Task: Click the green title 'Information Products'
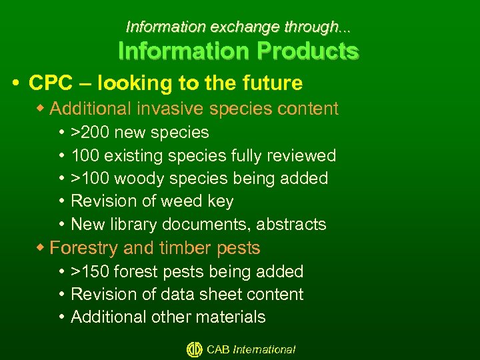pyautogui.click(x=238, y=51)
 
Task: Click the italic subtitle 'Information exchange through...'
pyautogui.click(x=238, y=27)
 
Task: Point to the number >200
pyautogui.click(x=90, y=133)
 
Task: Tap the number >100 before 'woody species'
pyautogui.click(x=90, y=179)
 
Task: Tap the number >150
pyautogui.click(x=90, y=272)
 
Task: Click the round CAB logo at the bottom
pyautogui.click(x=194, y=349)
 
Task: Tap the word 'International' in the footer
pyautogui.click(x=264, y=349)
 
